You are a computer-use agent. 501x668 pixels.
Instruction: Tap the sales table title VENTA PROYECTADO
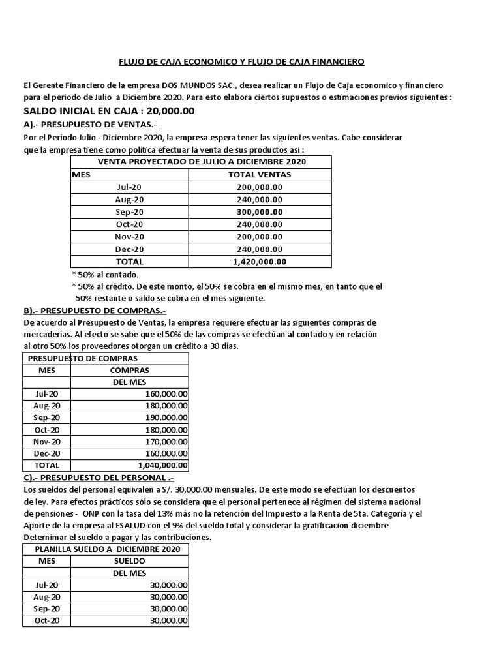tap(202, 162)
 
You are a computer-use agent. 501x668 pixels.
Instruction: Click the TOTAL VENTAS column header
tap(260, 174)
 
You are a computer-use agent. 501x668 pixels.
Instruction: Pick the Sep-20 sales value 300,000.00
tap(260, 211)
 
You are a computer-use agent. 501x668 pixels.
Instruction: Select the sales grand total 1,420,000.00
tap(260, 261)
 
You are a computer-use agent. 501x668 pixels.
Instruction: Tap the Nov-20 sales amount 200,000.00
tap(260, 236)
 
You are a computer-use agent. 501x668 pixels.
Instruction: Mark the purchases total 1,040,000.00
tap(163, 465)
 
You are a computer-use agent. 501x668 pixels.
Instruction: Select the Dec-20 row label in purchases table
tap(46, 453)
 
